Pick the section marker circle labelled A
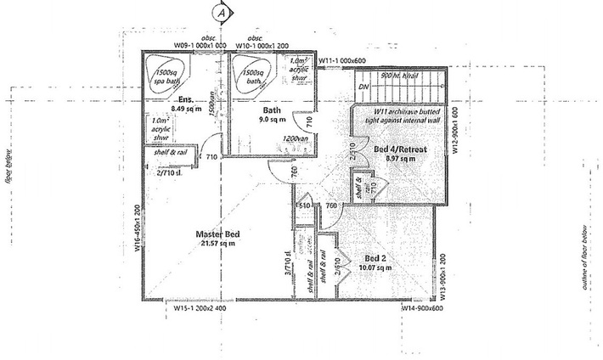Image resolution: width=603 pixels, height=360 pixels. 222,14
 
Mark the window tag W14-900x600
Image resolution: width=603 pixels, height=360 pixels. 425,310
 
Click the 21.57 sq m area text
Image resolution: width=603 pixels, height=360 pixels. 216,244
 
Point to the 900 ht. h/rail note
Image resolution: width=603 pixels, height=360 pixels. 399,76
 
